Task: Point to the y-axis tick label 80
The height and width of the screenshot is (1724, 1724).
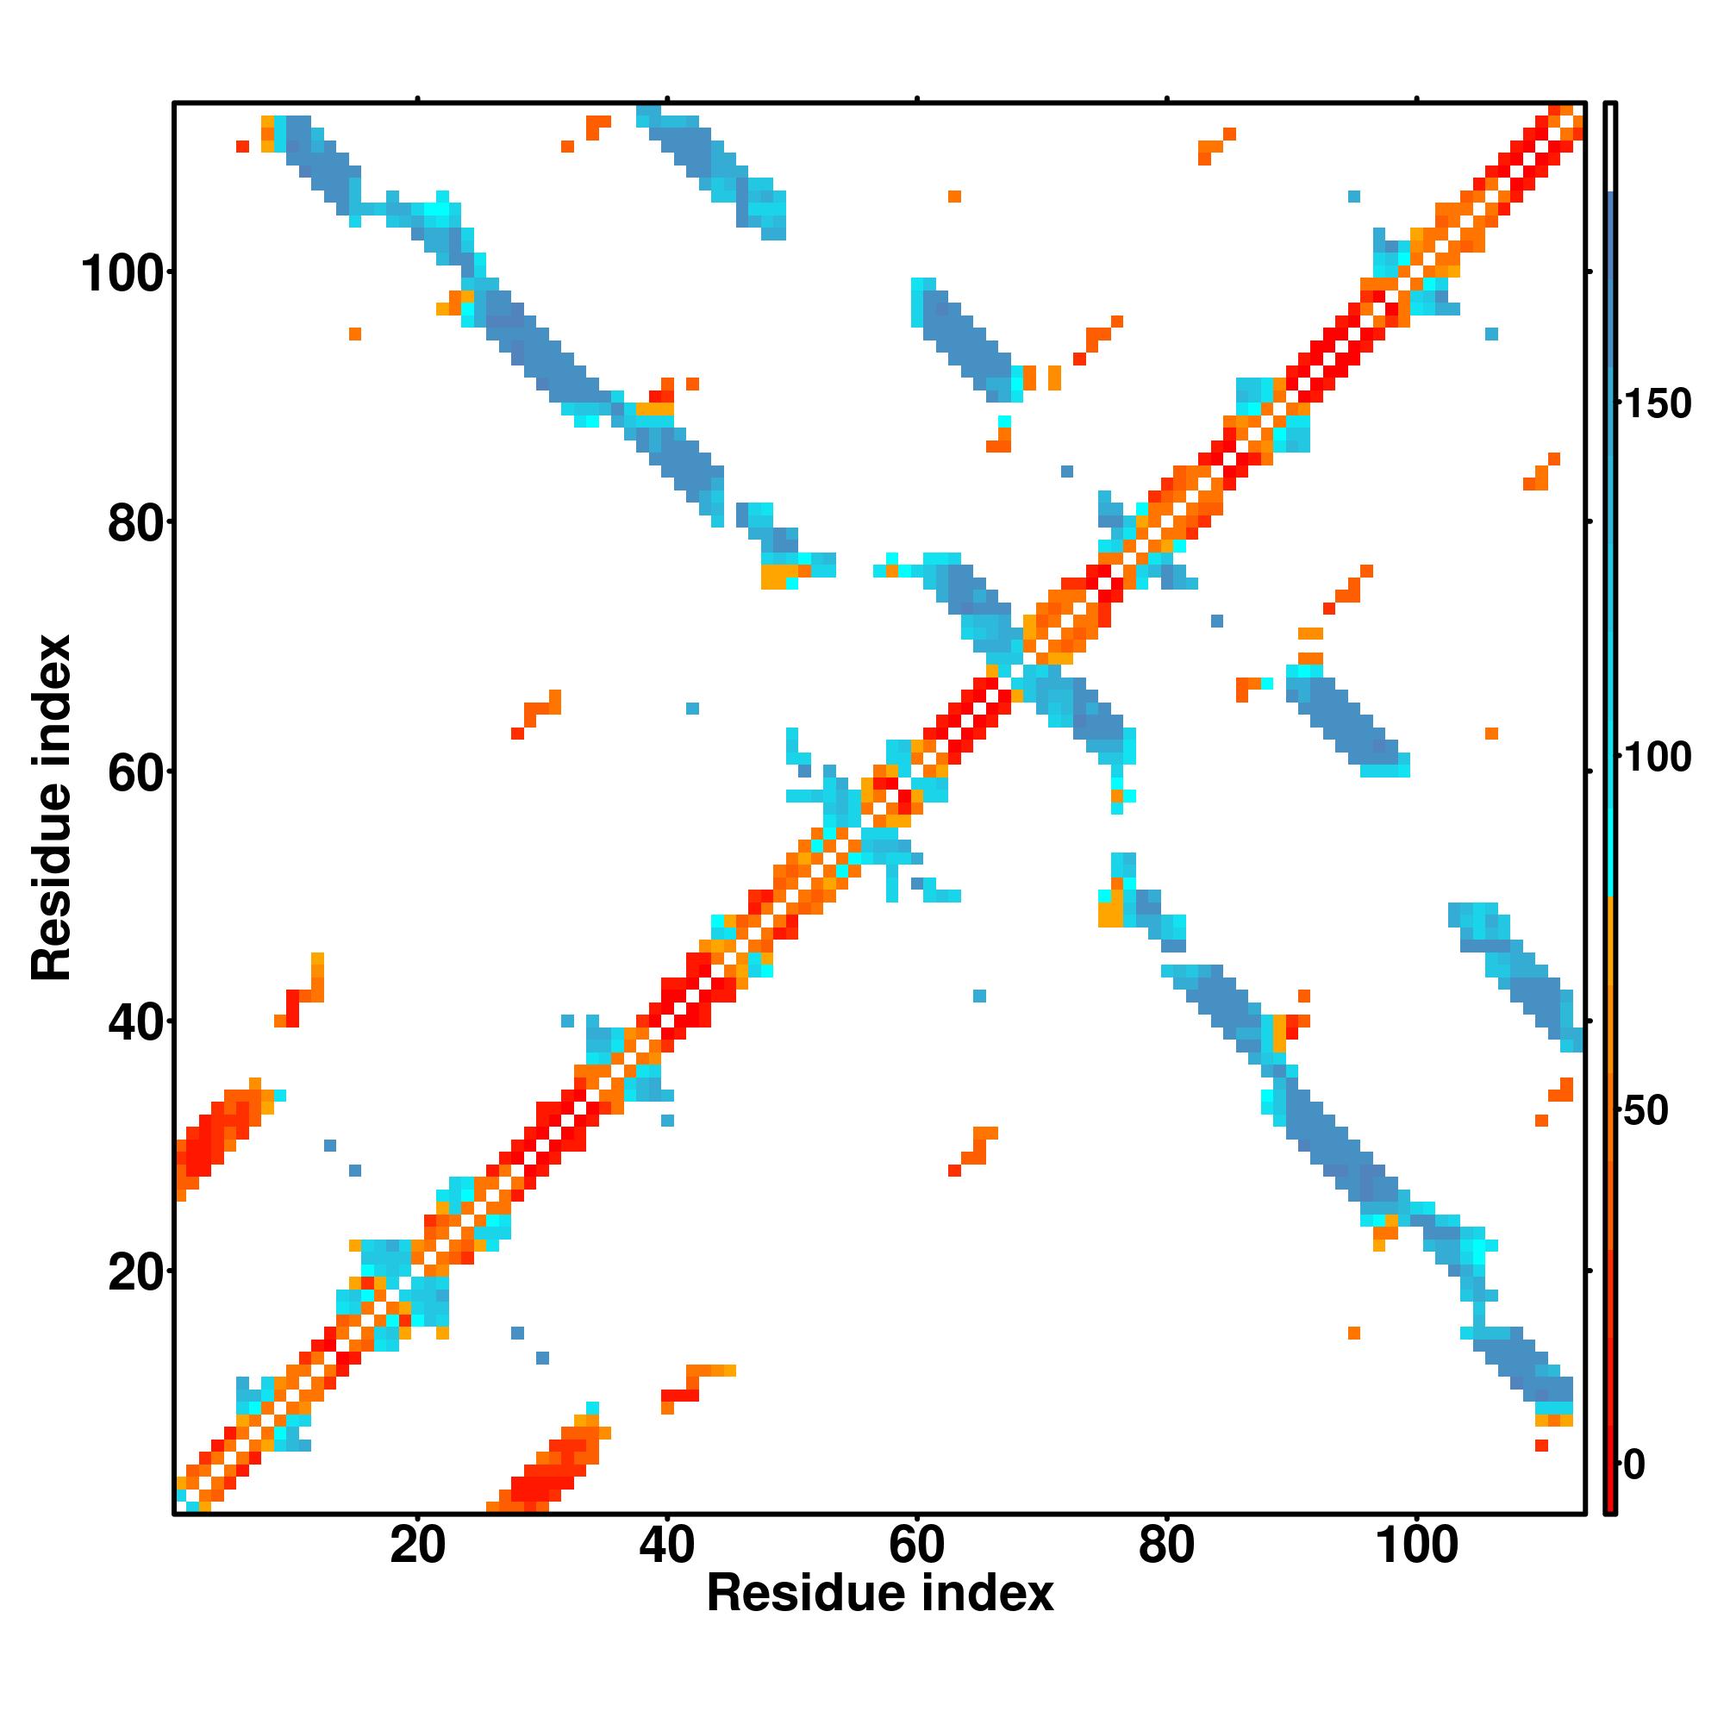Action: (x=134, y=525)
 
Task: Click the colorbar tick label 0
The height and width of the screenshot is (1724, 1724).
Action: (x=1633, y=1465)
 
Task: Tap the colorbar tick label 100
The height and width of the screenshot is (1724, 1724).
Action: (x=1656, y=758)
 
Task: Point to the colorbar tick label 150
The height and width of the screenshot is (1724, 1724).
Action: (x=1656, y=404)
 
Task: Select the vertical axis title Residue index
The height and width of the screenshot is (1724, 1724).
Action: (x=52, y=808)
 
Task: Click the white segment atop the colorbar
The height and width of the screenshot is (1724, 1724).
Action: (x=1611, y=147)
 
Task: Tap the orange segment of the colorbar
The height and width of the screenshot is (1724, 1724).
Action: (x=1611, y=982)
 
